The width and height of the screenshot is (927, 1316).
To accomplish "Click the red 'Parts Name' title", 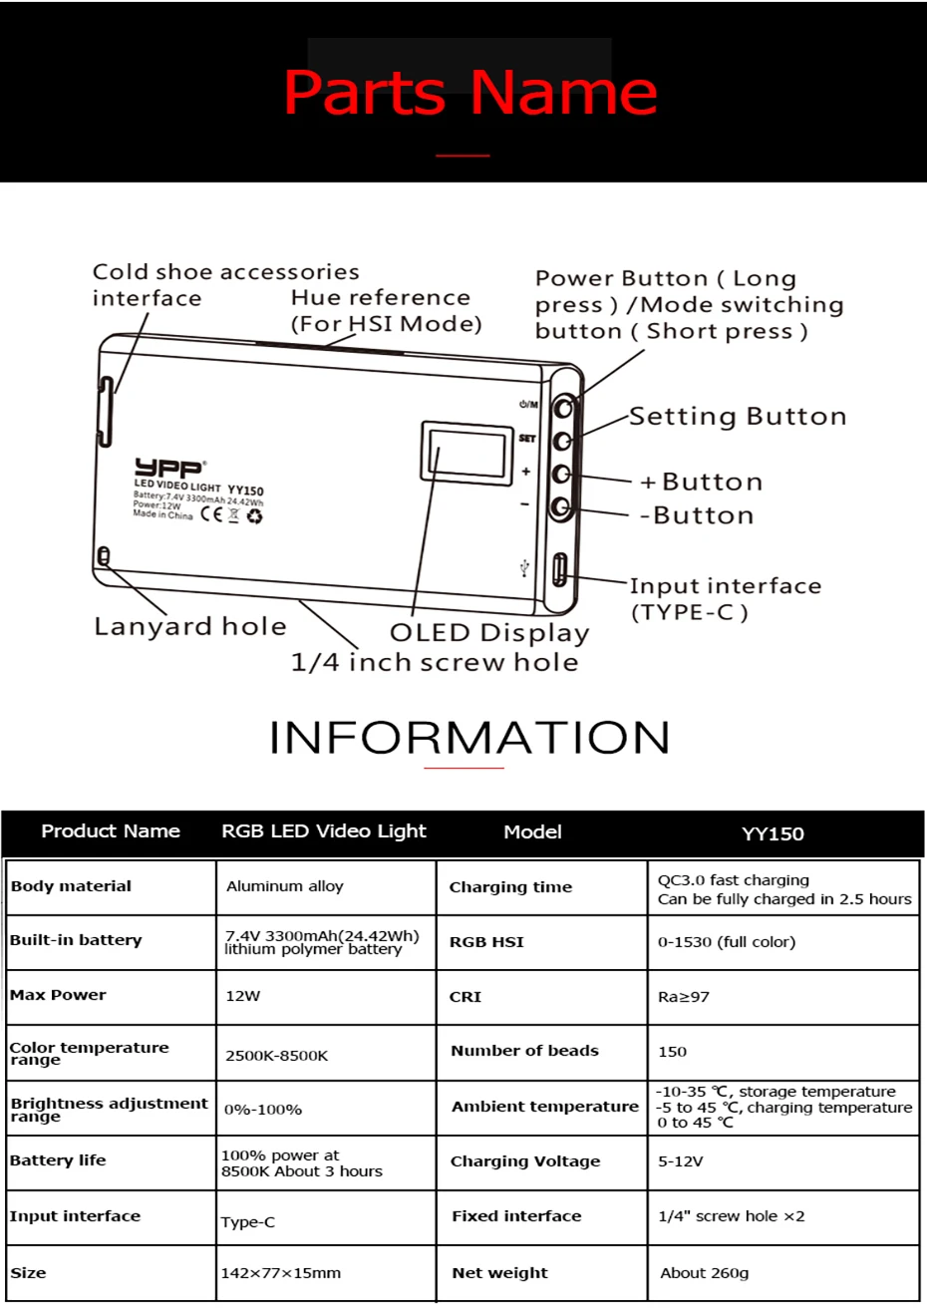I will pyautogui.click(x=469, y=93).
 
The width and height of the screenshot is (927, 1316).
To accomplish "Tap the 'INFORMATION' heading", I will pyautogui.click(x=469, y=738).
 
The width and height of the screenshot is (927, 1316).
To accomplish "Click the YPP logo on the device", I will pyautogui.click(x=168, y=468).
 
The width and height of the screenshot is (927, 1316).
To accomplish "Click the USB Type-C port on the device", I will pyautogui.click(x=560, y=569).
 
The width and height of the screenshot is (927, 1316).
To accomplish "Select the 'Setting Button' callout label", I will pyautogui.click(x=738, y=417).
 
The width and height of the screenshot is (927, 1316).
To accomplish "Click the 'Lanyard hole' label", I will pyautogui.click(x=190, y=626).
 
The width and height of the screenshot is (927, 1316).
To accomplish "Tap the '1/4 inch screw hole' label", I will pyautogui.click(x=435, y=662).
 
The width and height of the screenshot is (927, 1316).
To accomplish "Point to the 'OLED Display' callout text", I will pyautogui.click(x=489, y=633).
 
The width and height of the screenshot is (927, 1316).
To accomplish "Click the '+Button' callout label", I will pyautogui.click(x=701, y=483).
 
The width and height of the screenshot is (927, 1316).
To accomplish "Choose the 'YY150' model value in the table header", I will pyautogui.click(x=772, y=833).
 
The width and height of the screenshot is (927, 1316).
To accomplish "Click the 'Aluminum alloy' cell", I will pyautogui.click(x=285, y=886).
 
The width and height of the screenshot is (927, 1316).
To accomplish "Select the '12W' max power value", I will pyautogui.click(x=243, y=996).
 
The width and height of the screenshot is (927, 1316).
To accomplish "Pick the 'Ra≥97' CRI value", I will pyautogui.click(x=684, y=997).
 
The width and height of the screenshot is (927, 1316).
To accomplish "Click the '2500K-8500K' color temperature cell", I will pyautogui.click(x=277, y=1056).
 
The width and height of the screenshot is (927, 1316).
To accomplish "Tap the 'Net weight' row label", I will pyautogui.click(x=499, y=1273).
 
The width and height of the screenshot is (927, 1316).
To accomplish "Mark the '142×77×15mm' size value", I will pyautogui.click(x=281, y=1273).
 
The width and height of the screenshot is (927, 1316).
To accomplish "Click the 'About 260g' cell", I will pyautogui.click(x=705, y=1273).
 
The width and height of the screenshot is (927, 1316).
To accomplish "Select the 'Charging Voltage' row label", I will pyautogui.click(x=525, y=1161).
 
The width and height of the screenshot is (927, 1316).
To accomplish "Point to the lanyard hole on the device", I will pyautogui.click(x=104, y=556).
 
